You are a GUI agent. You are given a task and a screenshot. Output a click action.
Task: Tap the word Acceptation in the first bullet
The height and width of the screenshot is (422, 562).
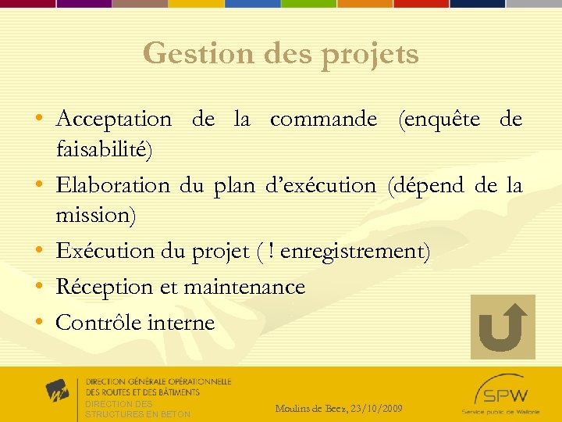tap(114, 120)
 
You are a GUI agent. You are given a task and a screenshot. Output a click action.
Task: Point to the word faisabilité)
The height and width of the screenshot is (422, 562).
tap(105, 148)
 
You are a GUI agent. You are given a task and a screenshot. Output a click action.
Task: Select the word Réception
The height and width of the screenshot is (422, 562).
tap(105, 287)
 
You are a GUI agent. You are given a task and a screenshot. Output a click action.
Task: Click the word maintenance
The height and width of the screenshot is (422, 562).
tap(244, 287)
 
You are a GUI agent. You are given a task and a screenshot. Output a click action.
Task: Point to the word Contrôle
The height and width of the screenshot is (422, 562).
tap(99, 322)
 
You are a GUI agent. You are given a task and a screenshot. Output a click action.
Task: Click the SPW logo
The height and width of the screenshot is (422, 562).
tap(500, 392)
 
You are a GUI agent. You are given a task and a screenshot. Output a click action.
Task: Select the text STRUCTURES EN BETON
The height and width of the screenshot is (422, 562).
tap(137, 414)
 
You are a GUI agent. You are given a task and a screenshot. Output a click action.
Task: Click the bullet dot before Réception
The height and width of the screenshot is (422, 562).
tap(38, 286)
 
